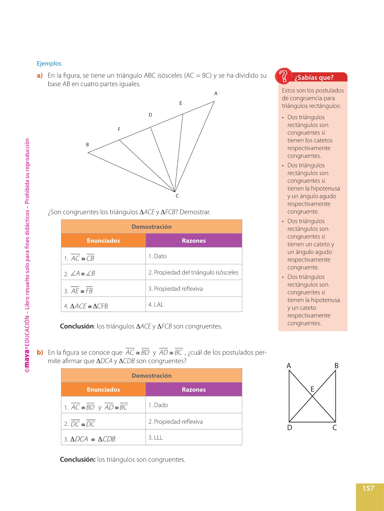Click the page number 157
pos(368,488)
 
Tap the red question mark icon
pos(283,76)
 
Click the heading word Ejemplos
pos(49,64)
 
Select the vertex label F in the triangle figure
pos(119,129)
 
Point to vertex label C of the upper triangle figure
pos(177,196)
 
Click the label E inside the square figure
pos(312,389)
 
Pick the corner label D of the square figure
pos(290,428)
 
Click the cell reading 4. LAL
pos(156,305)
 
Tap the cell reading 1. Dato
pos(157,256)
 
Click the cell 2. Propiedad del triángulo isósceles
pos(193,273)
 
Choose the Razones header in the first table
pos(194,241)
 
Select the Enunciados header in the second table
pos(103,390)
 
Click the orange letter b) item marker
pos(40,353)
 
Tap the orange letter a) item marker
pos(40,76)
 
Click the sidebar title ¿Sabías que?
pos(314,78)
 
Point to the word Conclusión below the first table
pos(77,326)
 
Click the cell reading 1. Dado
pos(158,405)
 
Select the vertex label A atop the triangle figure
pos(216,93)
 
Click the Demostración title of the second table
pos(152,376)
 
